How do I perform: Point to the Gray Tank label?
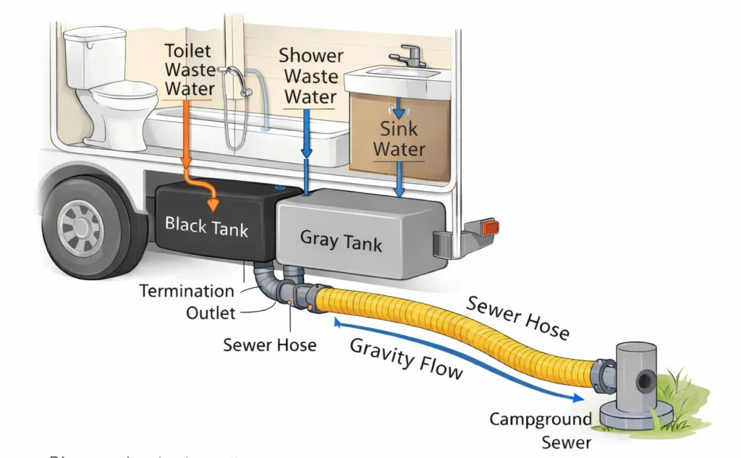[x=341, y=239]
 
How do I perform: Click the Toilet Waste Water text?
[x=190, y=70]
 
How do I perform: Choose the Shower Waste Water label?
[x=309, y=76]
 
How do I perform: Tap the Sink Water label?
[x=399, y=140]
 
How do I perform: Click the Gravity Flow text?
[x=406, y=357]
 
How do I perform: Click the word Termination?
[x=187, y=292]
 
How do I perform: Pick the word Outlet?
[x=211, y=313]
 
